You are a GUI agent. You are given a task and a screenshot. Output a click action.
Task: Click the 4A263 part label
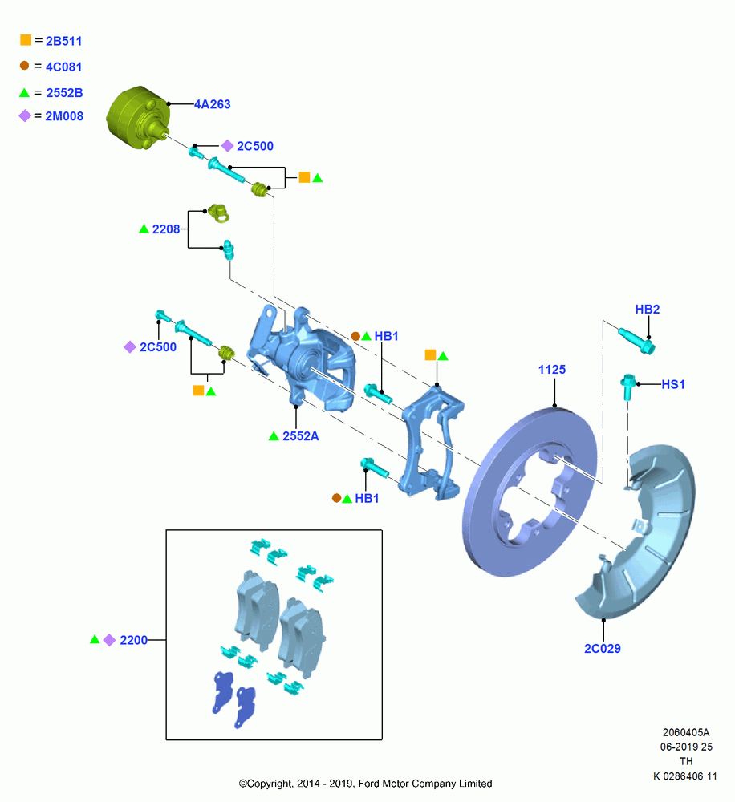pos(212,104)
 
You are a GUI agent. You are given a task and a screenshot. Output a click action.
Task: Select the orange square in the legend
pos(26,40)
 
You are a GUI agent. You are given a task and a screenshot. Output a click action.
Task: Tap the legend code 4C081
pos(63,67)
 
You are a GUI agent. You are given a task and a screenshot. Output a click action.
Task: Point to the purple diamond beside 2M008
pos(25,116)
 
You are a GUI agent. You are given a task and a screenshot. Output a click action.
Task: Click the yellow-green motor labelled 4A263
pos(138,118)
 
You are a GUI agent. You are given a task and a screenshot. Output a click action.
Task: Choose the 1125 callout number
pos(552,370)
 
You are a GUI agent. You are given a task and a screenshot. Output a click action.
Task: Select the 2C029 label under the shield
pos(603,649)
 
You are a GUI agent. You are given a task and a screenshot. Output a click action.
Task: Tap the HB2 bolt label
pos(647,310)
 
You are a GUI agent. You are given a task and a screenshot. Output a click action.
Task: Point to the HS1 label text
pos(672,384)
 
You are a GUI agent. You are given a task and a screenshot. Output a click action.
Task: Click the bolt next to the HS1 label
pos(628,387)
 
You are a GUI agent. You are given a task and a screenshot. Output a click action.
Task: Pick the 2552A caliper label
pos(300,436)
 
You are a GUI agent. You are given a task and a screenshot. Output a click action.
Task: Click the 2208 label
pos(166,229)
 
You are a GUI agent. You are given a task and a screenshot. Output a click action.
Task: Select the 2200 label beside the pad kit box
pos(133,640)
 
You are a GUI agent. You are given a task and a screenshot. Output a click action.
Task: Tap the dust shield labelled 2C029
pos(636,532)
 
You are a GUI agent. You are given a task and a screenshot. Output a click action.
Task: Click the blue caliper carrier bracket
pos(433,444)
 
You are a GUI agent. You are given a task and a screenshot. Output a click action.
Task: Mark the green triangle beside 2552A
pos(274,436)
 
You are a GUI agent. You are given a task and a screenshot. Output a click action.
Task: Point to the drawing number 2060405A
pos(686,732)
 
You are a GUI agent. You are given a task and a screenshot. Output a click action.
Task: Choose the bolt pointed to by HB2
pos(636,340)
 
